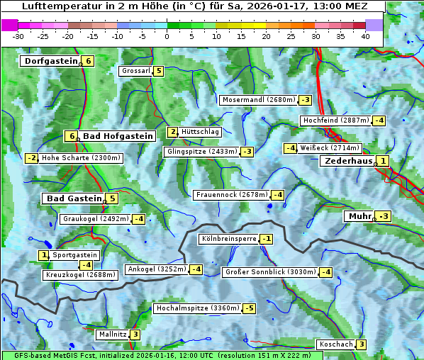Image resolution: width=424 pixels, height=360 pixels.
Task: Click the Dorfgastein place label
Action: pos(51,61)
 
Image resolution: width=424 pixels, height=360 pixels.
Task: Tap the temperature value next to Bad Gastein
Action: pos(112,198)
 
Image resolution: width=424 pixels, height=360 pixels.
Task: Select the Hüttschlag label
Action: pos(201,132)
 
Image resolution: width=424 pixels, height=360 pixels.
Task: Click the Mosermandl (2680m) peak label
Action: pos(259,100)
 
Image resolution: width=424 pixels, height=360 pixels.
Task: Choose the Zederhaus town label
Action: pos(347,161)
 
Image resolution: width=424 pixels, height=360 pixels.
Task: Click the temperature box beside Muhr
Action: pos(384,216)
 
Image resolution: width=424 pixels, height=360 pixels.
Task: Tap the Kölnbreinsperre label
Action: pos(228,239)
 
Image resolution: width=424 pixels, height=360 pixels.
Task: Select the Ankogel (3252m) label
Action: pos(156,269)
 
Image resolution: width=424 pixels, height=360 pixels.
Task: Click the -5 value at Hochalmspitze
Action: pos(249,308)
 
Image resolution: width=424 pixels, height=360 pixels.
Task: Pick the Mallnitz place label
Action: pos(113,334)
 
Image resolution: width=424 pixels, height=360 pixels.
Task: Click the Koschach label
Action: pos(335,344)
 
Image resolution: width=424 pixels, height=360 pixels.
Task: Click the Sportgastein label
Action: pos(75,255)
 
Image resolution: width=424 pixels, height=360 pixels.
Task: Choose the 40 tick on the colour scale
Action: pos(365,36)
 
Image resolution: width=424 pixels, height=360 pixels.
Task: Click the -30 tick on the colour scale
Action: pos(18,36)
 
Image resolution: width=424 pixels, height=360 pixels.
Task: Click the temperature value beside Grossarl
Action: pos(159,71)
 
